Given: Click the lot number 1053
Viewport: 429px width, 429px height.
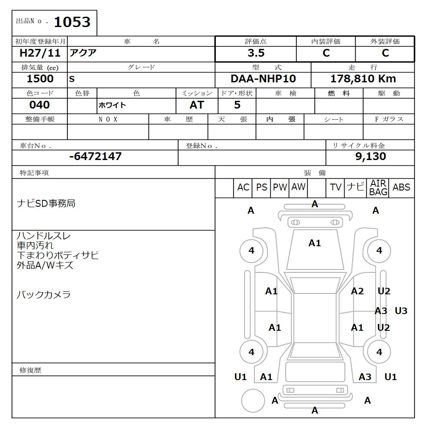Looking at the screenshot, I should point(72,22).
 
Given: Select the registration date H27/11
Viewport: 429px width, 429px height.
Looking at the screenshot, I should point(40,53).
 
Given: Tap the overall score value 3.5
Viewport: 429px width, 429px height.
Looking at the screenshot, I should point(256,53).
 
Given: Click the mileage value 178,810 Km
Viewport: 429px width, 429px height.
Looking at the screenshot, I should point(363,79).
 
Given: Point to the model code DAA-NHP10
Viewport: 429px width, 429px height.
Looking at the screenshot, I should point(263,79).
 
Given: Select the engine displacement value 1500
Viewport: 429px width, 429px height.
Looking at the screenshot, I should point(40,79).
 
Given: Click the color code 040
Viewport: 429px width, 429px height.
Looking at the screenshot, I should point(39,105).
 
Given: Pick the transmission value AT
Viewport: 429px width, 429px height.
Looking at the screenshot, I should point(196,105).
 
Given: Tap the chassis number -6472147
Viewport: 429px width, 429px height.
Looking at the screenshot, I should point(95,157).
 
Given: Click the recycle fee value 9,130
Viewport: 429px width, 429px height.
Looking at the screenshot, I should point(371,157).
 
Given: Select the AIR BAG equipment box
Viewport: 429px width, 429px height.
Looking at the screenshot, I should point(378,188).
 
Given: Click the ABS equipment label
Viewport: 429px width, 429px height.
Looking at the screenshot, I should point(401,187).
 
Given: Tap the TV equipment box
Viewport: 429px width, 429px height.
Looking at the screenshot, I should point(335,187).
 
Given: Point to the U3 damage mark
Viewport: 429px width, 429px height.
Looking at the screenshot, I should point(401,311).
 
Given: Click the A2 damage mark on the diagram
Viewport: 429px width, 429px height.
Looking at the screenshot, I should point(357,292).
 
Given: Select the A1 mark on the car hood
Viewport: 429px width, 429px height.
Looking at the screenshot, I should point(314,243).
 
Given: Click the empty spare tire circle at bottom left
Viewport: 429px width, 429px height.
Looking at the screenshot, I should point(253,401).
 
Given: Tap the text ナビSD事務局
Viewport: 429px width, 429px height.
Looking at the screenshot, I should point(46,203).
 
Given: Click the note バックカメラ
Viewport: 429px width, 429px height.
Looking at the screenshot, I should point(43,295).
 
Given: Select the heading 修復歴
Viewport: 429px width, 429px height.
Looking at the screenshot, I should point(30,370).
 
